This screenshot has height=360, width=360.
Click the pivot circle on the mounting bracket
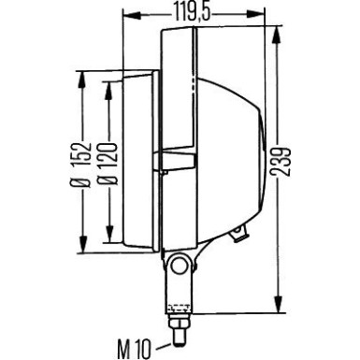pyautogui.click(x=179, y=266)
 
